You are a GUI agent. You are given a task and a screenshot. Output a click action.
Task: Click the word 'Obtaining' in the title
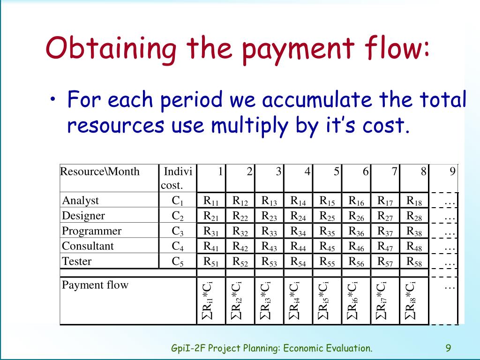111,49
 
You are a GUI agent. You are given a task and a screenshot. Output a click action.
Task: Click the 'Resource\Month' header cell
100,172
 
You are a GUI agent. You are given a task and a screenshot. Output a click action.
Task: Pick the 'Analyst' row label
81,201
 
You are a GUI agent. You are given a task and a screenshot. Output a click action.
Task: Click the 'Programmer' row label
92,231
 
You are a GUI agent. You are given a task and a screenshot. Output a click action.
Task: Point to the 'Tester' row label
77,261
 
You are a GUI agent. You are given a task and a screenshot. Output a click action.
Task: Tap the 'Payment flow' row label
95,285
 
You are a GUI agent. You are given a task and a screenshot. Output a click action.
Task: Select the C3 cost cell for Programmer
178,231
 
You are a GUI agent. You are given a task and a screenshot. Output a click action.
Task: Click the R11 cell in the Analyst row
211,201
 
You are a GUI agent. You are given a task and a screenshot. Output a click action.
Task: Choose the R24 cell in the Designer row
298,216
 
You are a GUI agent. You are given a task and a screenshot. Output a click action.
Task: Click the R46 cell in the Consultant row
356,246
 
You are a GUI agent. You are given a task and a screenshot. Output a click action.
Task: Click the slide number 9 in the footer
448,348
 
